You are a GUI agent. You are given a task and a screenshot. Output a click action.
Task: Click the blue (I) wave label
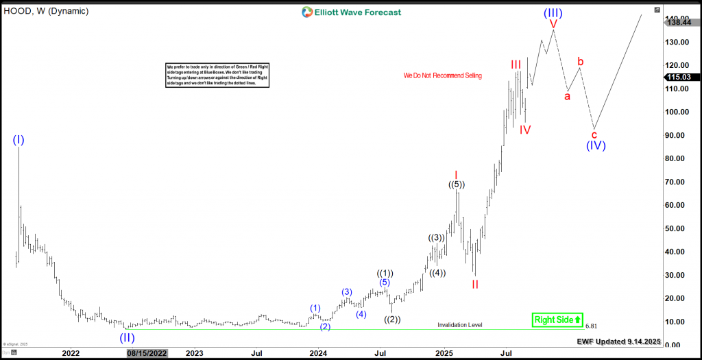19,140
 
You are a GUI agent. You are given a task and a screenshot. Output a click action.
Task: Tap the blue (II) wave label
127,337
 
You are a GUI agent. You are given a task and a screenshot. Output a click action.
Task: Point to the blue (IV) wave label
596,145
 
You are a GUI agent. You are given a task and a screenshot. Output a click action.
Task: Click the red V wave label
553,24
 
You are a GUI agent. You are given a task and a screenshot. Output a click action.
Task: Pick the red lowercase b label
581,62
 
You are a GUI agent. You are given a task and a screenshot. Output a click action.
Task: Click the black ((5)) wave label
457,184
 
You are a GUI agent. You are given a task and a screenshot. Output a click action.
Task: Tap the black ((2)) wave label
392,319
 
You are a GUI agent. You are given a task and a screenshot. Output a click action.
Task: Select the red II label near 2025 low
474,284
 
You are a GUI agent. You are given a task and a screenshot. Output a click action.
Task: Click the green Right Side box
557,320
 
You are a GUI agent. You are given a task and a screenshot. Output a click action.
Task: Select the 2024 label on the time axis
317,354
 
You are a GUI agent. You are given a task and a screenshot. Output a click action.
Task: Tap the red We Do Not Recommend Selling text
442,75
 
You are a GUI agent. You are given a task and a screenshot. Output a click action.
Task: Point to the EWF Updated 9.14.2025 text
619,340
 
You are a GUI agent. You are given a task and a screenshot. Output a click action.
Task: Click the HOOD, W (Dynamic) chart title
46,11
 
